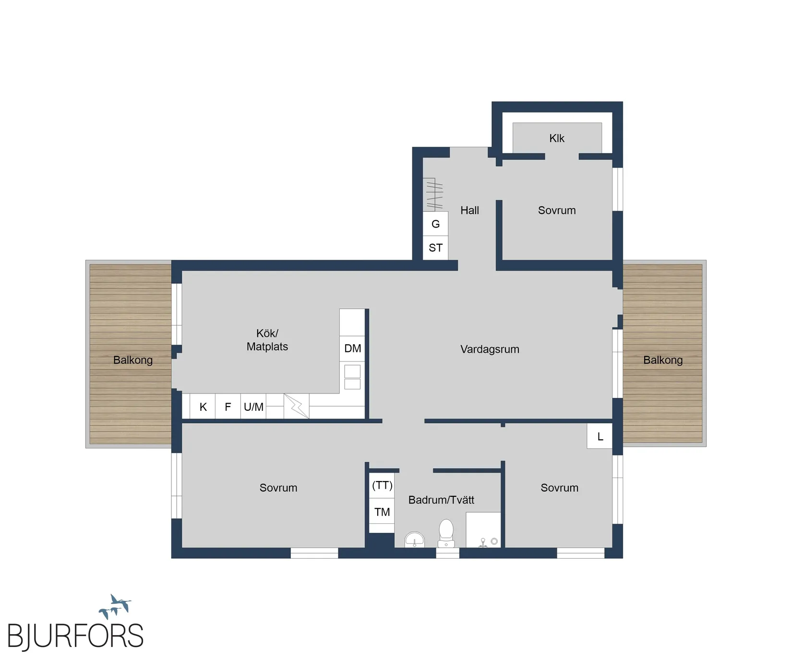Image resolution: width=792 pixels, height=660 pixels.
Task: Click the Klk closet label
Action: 557,138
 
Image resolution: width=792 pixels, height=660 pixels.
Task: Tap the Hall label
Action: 469,210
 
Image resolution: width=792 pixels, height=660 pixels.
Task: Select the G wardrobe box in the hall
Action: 435,224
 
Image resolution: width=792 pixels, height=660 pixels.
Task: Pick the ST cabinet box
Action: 435,248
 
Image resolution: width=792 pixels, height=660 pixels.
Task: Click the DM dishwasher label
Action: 353,348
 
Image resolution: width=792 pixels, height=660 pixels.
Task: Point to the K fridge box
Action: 203,407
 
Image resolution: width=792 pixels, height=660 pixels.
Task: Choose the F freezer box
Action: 228,407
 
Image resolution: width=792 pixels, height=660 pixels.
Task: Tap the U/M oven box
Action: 253,407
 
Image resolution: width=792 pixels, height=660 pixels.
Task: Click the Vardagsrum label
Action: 490,349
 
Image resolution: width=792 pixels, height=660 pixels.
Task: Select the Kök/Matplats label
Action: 267,340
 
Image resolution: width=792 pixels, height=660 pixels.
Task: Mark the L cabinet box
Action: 600,436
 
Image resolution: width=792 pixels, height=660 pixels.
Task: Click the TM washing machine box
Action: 382,512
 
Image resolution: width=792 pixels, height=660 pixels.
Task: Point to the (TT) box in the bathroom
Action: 382,486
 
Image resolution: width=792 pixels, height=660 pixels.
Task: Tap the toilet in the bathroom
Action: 446,533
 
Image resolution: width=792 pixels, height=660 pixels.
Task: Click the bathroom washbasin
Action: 415,540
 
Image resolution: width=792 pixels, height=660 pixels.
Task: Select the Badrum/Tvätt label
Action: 441,500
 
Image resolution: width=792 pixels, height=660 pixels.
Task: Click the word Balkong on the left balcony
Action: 133,360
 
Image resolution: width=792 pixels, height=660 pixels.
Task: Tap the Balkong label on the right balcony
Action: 663,360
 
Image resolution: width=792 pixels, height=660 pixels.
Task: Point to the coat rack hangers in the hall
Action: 434,194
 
